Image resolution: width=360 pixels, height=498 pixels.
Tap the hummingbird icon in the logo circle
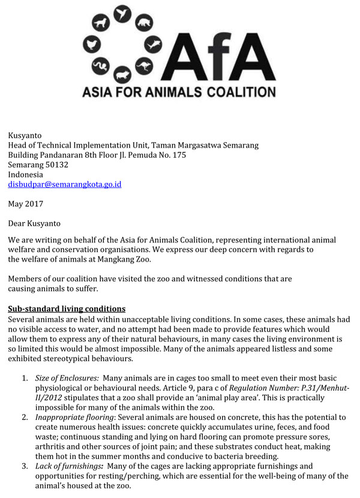123,13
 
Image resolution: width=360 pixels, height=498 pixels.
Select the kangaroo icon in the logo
144,66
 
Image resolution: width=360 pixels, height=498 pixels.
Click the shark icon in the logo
154,45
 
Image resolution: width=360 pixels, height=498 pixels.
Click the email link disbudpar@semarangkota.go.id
64,184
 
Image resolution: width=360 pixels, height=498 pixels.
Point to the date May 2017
26,204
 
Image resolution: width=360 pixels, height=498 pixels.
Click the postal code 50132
55,164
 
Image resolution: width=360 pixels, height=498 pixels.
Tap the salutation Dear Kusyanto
34,224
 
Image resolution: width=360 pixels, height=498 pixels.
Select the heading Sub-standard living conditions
67,309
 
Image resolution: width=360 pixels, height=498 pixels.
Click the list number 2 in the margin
25,417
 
